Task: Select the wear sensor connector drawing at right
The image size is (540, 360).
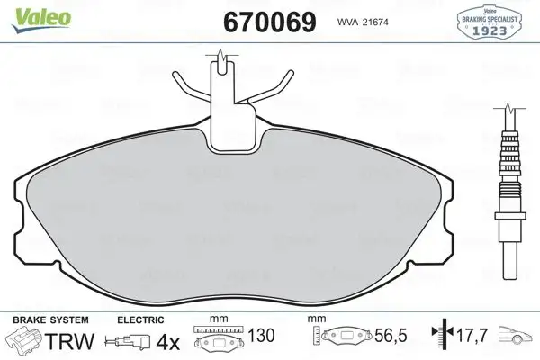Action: pyautogui.click(x=509, y=189)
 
